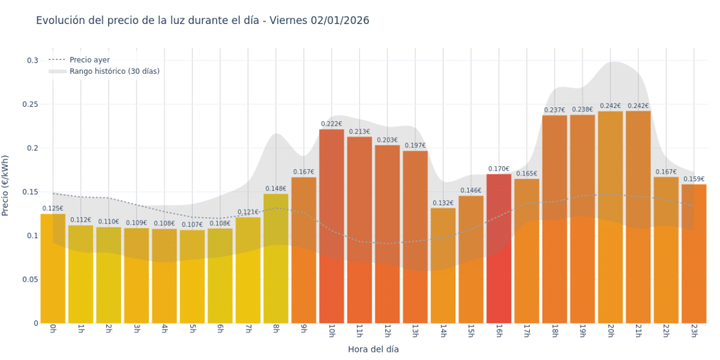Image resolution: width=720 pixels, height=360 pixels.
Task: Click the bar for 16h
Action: [499, 248]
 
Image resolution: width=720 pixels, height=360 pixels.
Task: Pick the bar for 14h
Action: [443, 265]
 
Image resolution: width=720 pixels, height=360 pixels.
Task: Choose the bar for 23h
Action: [693, 253]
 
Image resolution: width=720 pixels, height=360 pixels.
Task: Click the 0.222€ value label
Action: [332, 124]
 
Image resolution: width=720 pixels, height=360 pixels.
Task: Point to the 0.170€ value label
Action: [499, 169]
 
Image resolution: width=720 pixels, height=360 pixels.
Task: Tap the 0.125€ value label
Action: [53, 208]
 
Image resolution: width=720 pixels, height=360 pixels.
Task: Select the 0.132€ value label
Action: [443, 203]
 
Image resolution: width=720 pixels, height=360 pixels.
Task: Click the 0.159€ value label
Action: [693, 179]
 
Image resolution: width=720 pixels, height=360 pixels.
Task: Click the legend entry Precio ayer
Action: [90, 59]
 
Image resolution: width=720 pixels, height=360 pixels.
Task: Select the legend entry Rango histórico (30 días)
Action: [114, 71]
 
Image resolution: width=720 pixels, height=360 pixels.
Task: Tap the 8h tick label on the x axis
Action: [276, 330]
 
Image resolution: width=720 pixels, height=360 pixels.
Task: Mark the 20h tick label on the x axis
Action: [610, 331]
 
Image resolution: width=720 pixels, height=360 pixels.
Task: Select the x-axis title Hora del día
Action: [373, 349]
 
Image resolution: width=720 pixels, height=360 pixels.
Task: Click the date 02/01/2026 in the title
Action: [340, 20]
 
